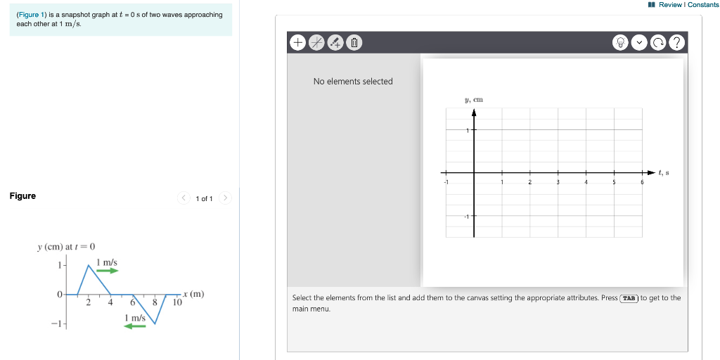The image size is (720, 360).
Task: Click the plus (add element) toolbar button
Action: click(x=297, y=43)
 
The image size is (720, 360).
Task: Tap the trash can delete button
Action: click(x=355, y=43)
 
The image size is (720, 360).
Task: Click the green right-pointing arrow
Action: click(x=108, y=271)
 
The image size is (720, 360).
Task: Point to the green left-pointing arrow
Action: click(x=134, y=326)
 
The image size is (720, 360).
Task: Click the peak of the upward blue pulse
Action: click(x=89, y=264)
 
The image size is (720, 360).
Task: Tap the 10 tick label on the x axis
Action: click(x=177, y=302)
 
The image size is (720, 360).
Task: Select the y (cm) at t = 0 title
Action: click(x=66, y=246)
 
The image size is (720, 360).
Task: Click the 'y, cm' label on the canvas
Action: click(x=473, y=100)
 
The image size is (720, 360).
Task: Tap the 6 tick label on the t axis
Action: click(x=641, y=182)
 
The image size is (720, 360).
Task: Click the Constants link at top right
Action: click(x=703, y=5)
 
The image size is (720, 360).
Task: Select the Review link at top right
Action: click(x=671, y=5)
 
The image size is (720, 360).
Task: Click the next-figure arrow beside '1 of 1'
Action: click(x=225, y=198)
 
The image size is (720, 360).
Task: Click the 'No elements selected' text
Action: click(x=353, y=82)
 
